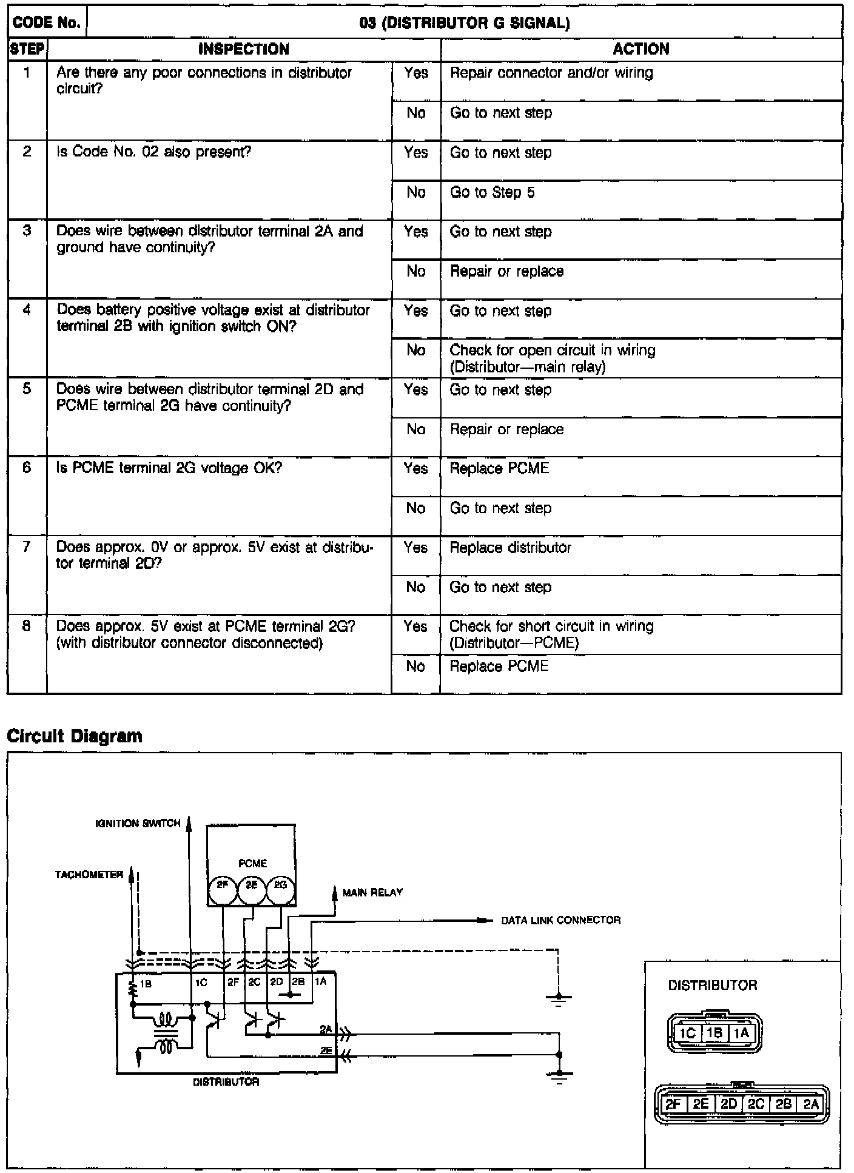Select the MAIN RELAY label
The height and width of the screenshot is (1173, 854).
[372, 892]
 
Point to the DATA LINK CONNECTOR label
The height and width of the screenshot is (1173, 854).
[560, 920]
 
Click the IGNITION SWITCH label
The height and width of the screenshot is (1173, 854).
[138, 823]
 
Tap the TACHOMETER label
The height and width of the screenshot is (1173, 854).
[89, 875]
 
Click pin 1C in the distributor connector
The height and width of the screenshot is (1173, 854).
[687, 1033]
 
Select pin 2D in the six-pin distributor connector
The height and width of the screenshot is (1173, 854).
[728, 1104]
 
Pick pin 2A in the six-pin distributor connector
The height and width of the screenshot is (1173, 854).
[811, 1104]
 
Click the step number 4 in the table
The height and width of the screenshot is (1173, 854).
[27, 310]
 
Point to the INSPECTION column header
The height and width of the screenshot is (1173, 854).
[244, 49]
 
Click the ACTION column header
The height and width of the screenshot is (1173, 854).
[641, 49]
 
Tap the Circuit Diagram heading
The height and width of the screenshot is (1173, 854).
[74, 736]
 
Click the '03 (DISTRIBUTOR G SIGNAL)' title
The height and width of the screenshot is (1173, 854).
[465, 23]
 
